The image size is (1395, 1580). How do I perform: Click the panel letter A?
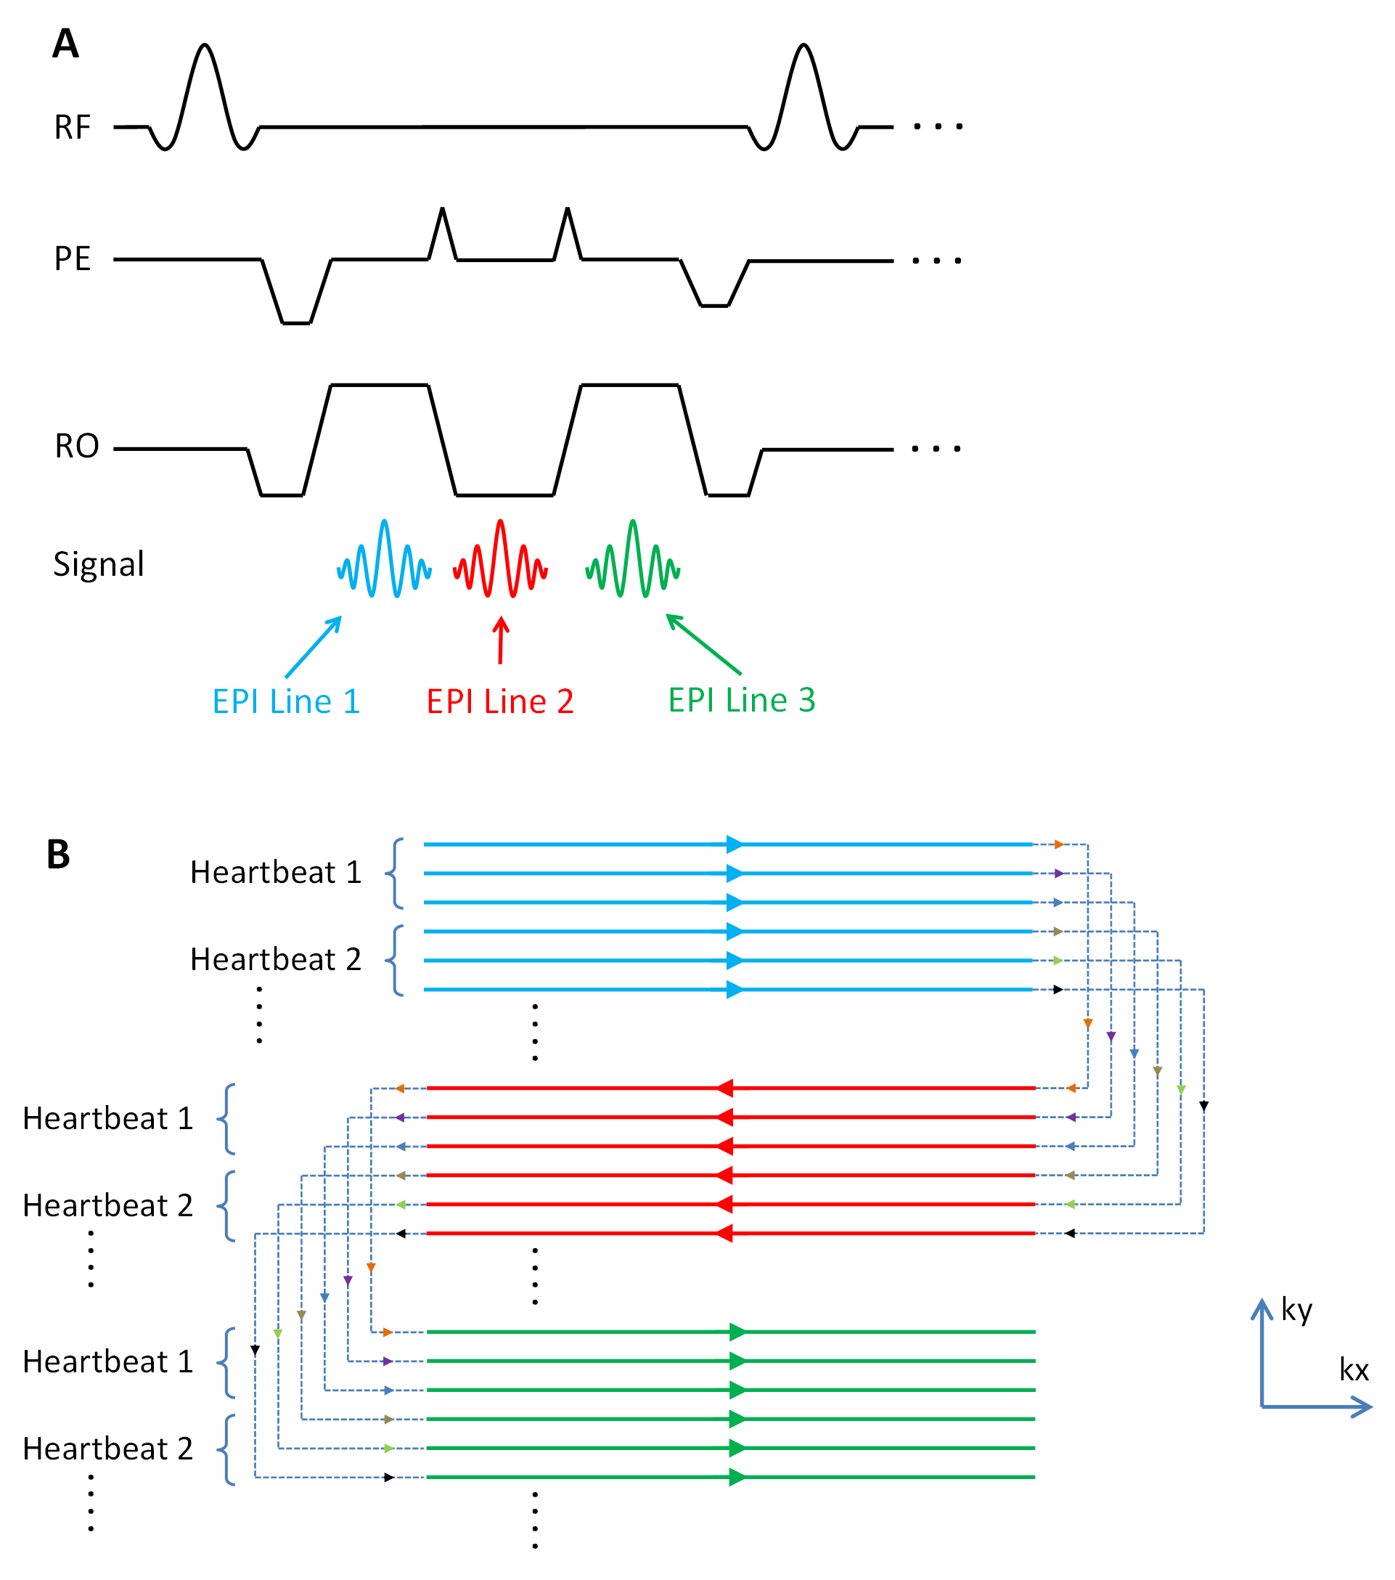[66, 44]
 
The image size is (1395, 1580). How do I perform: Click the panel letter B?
[59, 855]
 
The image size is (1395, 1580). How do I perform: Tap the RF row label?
[72, 128]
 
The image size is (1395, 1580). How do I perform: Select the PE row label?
[72, 259]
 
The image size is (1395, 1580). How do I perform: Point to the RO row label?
[76, 446]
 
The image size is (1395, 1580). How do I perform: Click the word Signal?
[98, 564]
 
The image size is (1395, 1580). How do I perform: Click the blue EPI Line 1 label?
[286, 701]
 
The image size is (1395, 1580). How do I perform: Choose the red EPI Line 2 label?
[500, 701]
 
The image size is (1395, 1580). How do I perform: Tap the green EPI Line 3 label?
[741, 699]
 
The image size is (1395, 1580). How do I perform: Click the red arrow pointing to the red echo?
[501, 640]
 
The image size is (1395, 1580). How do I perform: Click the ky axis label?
[1297, 1309]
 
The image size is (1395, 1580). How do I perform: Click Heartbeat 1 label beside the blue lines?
[276, 872]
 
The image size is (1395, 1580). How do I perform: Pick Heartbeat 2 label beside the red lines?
[107, 1205]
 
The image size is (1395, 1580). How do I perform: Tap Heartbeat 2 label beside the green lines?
[107, 1449]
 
